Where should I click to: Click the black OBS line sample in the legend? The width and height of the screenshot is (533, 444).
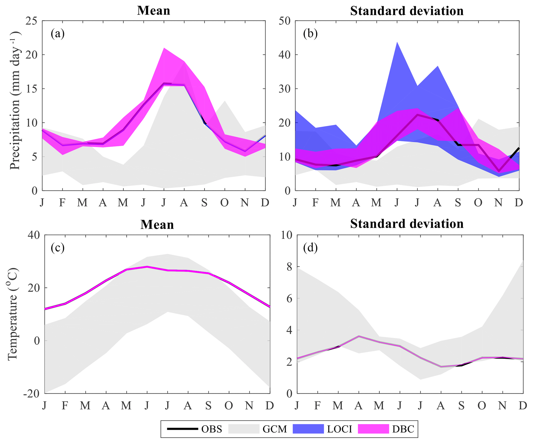(182, 429)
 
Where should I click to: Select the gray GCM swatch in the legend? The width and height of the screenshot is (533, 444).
(244, 429)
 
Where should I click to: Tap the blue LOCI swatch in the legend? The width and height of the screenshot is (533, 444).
(308, 429)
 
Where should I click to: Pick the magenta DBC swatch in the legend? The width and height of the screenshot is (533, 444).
(373, 429)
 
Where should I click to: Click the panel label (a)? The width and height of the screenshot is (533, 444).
(58, 34)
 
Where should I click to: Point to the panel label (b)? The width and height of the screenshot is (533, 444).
(310, 34)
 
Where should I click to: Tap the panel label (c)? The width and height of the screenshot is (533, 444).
(58, 248)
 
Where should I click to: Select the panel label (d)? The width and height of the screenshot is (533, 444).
(310, 248)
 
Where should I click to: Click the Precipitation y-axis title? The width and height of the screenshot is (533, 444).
(15, 101)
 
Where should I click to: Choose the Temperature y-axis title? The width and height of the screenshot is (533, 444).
(12, 314)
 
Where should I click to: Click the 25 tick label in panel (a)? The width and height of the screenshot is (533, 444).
(31, 21)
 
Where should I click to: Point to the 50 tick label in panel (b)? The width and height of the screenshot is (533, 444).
(285, 21)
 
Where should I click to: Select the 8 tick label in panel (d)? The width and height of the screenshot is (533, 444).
(289, 267)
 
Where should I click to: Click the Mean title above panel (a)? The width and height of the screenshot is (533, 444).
(153, 11)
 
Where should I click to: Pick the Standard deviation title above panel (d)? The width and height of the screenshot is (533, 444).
(407, 224)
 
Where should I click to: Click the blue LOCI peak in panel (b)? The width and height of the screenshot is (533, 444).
(397, 42)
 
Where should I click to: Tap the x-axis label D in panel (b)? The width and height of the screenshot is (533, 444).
(519, 203)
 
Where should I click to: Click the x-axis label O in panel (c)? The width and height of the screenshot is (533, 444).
(229, 406)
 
